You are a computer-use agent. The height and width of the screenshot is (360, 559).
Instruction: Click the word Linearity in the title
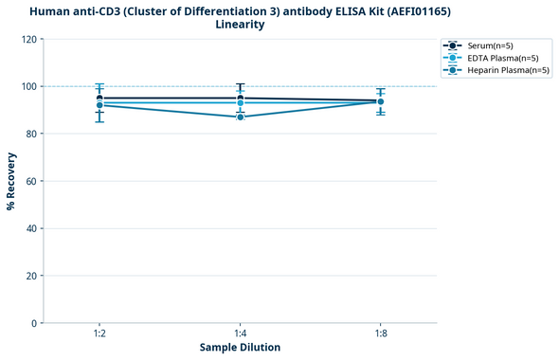coord(240,25)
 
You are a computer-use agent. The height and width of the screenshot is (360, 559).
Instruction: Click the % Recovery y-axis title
coord(11,180)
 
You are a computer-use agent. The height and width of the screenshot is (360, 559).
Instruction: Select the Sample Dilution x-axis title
coord(240,348)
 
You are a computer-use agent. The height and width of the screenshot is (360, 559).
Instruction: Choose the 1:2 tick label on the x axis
coord(99,333)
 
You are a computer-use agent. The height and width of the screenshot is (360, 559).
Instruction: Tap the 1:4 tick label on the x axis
coord(241,333)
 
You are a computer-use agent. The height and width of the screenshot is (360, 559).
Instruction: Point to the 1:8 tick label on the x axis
coord(381,333)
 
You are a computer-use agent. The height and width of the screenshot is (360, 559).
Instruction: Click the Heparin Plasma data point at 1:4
coord(241,117)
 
